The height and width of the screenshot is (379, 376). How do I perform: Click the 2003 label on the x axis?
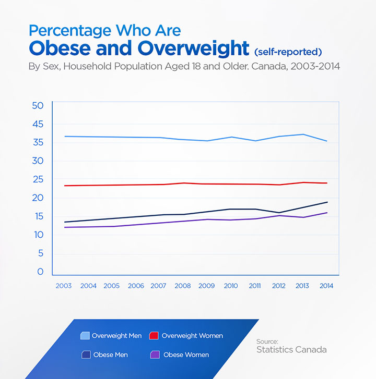(64, 286)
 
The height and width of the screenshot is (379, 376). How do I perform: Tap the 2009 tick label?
(206, 286)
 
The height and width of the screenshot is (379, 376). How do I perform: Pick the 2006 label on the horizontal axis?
(135, 286)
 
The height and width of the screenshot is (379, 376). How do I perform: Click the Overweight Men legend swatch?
(85, 336)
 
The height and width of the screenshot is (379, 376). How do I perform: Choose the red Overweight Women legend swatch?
(154, 336)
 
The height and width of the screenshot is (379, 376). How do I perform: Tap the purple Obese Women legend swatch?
(155, 355)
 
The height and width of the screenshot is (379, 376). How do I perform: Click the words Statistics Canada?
(291, 350)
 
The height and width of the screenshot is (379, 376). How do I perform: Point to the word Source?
(267, 341)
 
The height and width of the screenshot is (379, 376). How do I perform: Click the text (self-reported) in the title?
(288, 52)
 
